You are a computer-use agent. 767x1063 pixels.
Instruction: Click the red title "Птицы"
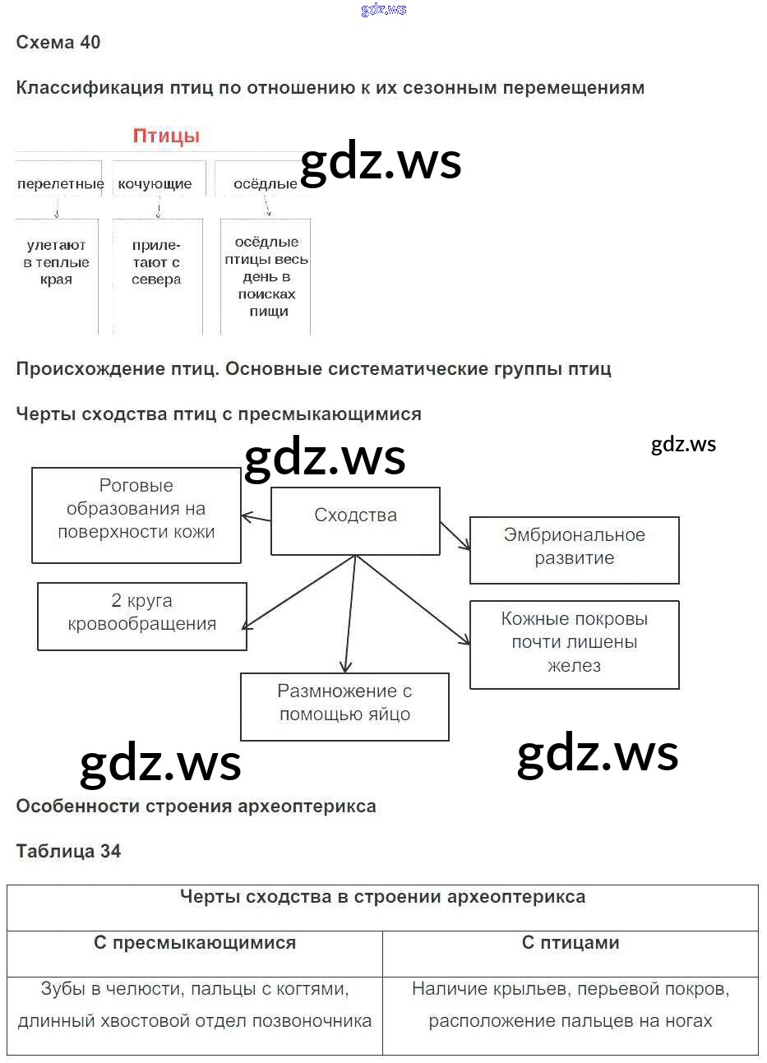[166, 136]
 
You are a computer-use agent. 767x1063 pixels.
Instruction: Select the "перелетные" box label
[60, 184]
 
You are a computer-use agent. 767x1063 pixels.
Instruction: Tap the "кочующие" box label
[155, 184]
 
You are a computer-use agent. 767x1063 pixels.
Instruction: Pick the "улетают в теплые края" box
[56, 262]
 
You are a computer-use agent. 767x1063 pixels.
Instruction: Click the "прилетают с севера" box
[156, 262]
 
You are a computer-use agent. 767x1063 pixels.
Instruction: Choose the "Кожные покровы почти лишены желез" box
[574, 644]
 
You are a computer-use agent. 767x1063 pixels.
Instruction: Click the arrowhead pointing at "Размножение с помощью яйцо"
[346, 668]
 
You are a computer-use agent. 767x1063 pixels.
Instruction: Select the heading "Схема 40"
[58, 43]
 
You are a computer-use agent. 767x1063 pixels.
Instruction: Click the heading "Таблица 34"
[68, 852]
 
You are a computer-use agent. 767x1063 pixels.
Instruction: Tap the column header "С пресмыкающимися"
[195, 943]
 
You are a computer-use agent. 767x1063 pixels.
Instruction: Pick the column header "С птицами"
[571, 943]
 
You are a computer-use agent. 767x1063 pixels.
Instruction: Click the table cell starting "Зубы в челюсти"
[195, 1005]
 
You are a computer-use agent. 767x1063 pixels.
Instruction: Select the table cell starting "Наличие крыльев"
[571, 1005]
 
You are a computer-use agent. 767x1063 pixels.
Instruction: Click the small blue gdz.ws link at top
[383, 10]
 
